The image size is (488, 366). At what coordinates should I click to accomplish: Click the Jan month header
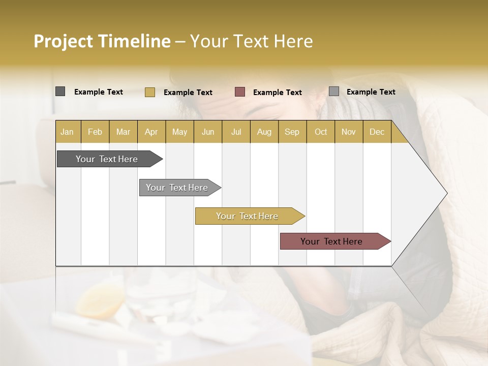pos(67,132)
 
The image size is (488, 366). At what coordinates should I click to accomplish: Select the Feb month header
pos(95,132)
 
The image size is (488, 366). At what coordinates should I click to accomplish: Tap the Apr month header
pos(151,132)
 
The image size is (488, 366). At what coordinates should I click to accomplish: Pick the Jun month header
pos(208,132)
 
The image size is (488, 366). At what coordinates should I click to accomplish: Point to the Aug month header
pos(264,132)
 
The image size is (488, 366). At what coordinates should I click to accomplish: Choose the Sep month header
pos(292,132)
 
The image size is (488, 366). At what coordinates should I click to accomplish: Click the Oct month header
pos(321,132)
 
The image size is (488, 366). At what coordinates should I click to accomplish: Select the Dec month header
pos(377,132)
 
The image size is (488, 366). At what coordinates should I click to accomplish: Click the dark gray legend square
pos(60,91)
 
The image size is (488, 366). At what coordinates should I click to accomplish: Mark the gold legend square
pos(149,92)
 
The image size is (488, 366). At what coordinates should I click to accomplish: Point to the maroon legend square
pos(240,92)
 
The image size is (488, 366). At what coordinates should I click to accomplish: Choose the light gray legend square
pos(333,91)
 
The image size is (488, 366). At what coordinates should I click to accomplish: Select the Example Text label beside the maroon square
pos(277,93)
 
